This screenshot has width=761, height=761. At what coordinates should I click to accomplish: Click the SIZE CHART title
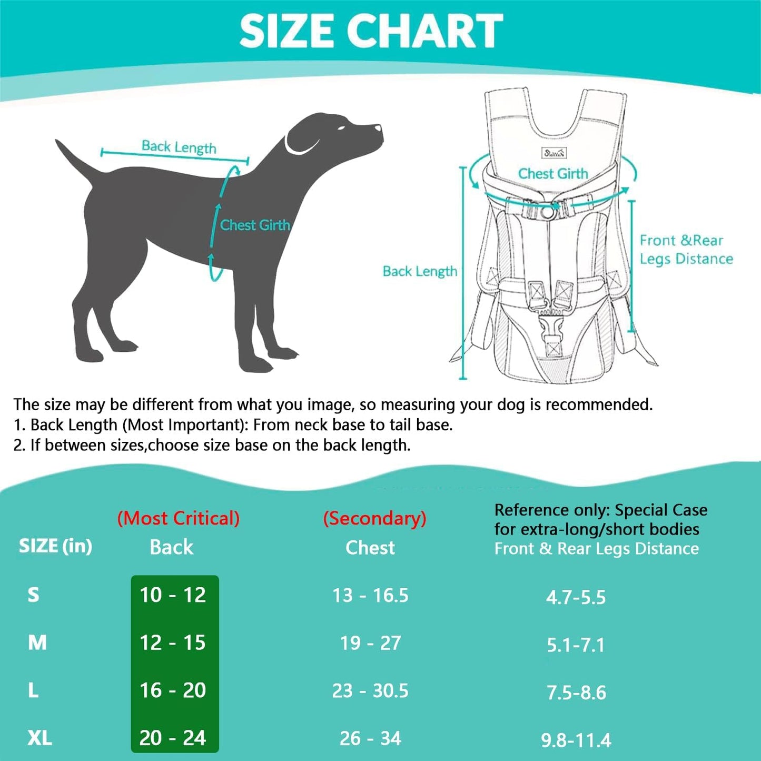tap(371, 31)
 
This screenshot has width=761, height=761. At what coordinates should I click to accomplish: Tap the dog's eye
tap(342, 128)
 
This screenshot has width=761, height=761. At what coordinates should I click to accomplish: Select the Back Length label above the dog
tap(179, 147)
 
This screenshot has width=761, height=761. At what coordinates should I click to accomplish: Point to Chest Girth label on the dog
tap(255, 225)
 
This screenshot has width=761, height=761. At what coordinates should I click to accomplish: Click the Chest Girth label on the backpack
tap(552, 174)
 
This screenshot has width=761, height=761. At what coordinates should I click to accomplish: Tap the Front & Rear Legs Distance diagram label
tap(686, 250)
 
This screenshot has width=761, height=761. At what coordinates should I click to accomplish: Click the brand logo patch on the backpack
tap(554, 153)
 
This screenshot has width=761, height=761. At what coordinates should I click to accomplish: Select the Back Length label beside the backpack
tap(420, 271)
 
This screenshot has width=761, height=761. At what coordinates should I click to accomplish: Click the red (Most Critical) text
tap(178, 518)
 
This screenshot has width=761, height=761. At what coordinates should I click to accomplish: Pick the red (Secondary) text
tap(374, 518)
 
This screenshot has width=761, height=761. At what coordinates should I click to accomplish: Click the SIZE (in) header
tap(55, 546)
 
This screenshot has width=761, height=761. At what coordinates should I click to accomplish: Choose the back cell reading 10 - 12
tap(173, 595)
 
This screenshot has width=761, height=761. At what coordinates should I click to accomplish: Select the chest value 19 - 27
tap(370, 643)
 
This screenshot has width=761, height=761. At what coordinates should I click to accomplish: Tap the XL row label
tap(39, 738)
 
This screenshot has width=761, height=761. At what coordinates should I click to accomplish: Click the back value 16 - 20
tap(173, 690)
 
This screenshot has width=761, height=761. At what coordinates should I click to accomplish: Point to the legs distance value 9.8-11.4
tap(576, 740)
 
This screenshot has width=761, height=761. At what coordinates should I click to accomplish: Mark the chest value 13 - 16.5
tap(370, 596)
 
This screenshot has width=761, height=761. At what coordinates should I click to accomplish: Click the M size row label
tap(37, 643)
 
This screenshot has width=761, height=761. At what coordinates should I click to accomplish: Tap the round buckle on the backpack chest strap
tap(548, 212)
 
